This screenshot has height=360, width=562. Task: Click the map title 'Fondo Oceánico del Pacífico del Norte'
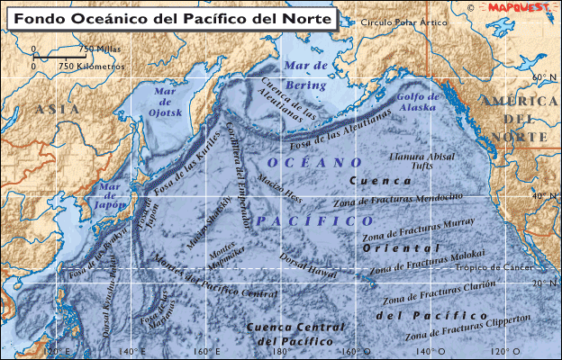click(x=171, y=17)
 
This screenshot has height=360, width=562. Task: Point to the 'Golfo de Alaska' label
click(x=415, y=102)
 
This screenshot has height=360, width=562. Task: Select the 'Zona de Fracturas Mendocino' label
click(x=411, y=196)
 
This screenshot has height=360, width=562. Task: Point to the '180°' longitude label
click(x=279, y=351)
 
